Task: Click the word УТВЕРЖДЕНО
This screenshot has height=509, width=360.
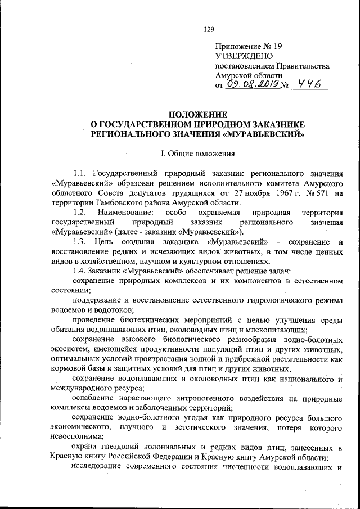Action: (244, 56)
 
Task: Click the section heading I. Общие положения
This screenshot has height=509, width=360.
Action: (191, 153)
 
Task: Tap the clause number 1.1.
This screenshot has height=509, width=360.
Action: (80, 173)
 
